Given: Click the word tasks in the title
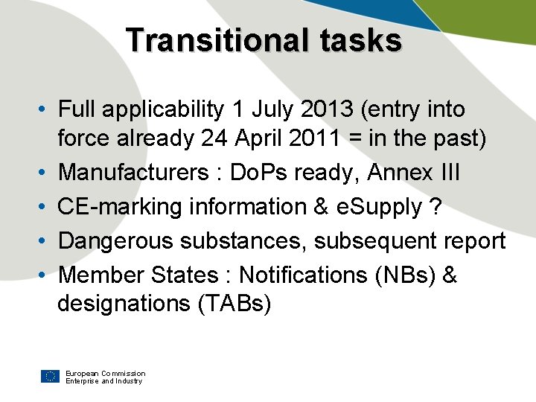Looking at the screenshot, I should (x=362, y=40).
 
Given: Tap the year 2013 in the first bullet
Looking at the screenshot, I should (x=316, y=109).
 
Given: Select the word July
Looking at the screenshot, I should (x=276, y=109).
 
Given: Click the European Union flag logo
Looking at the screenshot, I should (x=51, y=376).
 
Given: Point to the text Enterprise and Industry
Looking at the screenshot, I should (x=103, y=381).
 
